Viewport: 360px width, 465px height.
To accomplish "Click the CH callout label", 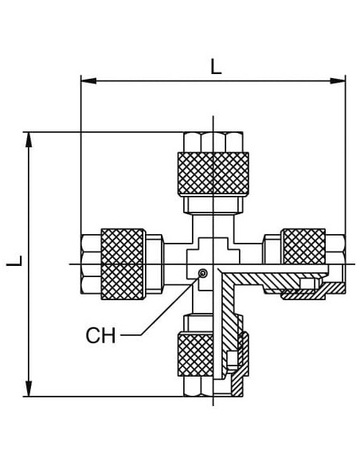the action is pyautogui.click(x=100, y=335).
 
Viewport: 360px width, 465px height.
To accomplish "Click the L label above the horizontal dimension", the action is pyautogui.click(x=216, y=66).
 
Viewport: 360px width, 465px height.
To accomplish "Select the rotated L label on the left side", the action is pyautogui.click(x=14, y=260).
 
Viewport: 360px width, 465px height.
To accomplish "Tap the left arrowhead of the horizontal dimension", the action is pyautogui.click(x=88, y=80).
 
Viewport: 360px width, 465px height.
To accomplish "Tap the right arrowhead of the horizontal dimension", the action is pyautogui.click(x=338, y=80).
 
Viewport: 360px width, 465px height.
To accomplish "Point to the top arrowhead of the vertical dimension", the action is pyautogui.click(x=29, y=139).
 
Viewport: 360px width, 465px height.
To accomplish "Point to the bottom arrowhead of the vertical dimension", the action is pyautogui.click(x=29, y=389).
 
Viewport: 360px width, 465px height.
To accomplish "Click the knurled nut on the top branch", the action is pyautogui.click(x=213, y=174).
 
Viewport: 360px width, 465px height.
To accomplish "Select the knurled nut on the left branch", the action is pyautogui.click(x=123, y=264).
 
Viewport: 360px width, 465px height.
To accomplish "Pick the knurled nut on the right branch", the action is pyautogui.click(x=304, y=246).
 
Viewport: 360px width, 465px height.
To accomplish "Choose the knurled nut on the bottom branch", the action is pyautogui.click(x=196, y=354).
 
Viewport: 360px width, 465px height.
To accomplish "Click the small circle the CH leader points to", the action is pyautogui.click(x=203, y=273).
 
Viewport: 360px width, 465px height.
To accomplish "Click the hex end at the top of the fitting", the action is pyautogui.click(x=213, y=142).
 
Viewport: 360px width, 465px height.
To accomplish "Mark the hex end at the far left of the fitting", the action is pyautogui.click(x=91, y=264).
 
